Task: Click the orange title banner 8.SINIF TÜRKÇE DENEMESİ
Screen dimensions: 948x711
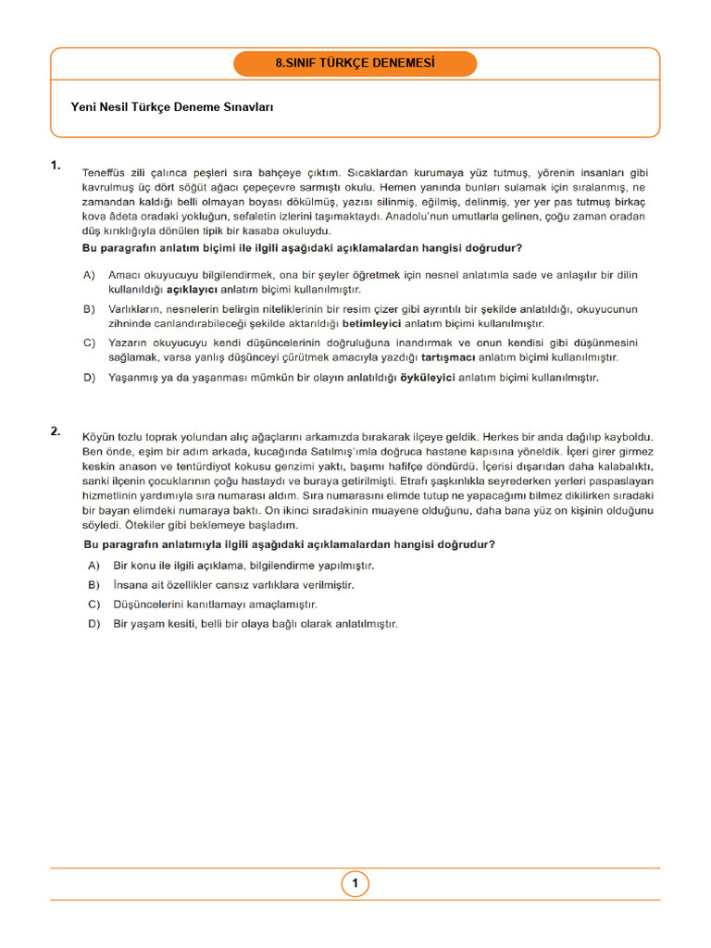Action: (x=355, y=64)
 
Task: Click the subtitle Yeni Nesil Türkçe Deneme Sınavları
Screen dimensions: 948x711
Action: (x=171, y=107)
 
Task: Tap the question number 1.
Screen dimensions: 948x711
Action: (x=56, y=166)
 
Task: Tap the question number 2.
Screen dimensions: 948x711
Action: (x=56, y=430)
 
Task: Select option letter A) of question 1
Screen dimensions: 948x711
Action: (x=90, y=275)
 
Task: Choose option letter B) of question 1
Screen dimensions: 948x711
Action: (x=90, y=309)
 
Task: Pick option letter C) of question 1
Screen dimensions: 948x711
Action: (x=90, y=343)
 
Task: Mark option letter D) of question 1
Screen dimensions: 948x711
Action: (x=90, y=378)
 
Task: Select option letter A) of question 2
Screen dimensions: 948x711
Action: (x=94, y=565)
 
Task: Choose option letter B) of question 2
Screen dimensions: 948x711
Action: (x=94, y=585)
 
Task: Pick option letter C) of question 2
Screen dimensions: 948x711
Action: (x=94, y=605)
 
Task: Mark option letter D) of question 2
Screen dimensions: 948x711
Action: (x=94, y=624)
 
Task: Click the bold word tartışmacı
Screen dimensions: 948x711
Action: (x=451, y=357)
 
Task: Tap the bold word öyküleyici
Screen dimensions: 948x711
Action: (x=427, y=378)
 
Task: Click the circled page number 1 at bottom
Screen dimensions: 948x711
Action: (x=355, y=884)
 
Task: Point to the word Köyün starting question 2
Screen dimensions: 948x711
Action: (x=99, y=435)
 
